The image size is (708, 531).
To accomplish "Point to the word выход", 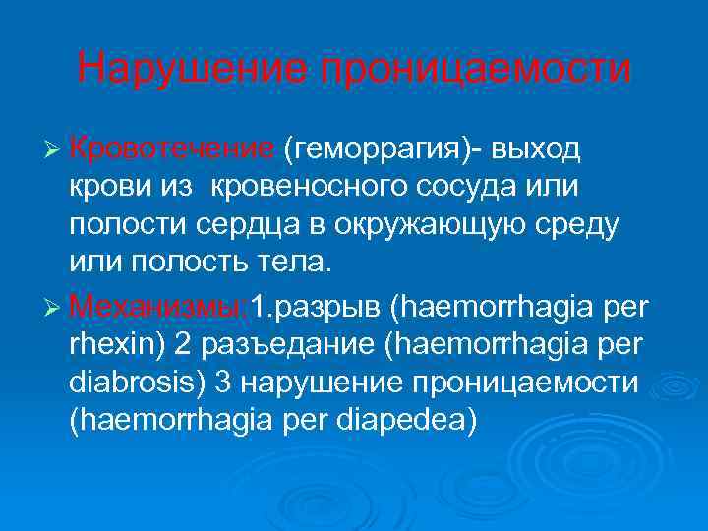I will [537, 149].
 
